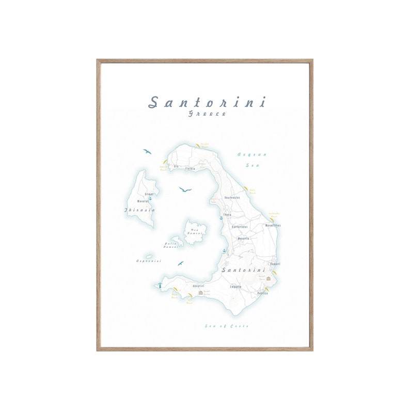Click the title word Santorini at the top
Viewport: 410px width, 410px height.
(x=207, y=102)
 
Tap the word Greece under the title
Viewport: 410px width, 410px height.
(x=207, y=114)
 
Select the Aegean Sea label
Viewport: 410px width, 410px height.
(x=251, y=160)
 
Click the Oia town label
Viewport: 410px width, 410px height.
(x=176, y=166)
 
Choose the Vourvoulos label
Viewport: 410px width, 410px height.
(x=232, y=197)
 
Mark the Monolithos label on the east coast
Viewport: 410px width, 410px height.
(x=273, y=226)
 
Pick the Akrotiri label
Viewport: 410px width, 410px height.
(x=198, y=286)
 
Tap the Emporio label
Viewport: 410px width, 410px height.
(x=236, y=287)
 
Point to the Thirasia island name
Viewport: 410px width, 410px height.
(x=139, y=210)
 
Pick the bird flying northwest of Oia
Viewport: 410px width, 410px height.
(x=148, y=151)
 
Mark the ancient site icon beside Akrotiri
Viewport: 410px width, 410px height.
(x=201, y=293)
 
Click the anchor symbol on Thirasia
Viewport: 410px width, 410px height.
(x=150, y=198)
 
